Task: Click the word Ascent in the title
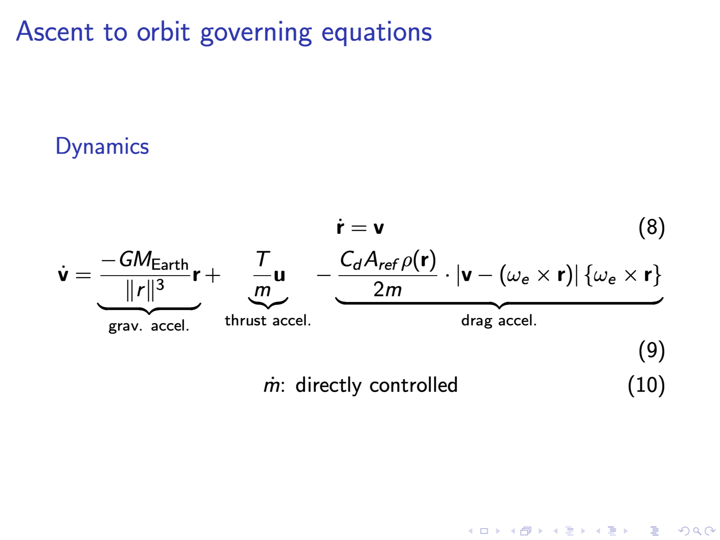[55, 32]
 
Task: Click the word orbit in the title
[163, 32]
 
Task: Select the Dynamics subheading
[102, 146]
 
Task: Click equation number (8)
[652, 227]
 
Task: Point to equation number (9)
[652, 350]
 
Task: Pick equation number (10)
[646, 385]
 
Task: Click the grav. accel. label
[149, 326]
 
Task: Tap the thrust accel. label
[268, 320]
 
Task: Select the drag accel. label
[499, 321]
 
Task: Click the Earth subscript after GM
[170, 265]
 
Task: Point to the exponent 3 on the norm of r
[160, 285]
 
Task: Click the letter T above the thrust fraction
[263, 259]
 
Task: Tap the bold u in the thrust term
[279, 276]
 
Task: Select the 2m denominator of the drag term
[388, 289]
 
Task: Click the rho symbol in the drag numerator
[407, 262]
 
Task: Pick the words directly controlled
[376, 385]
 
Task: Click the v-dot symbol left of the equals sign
[63, 274]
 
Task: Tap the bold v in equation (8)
[378, 228]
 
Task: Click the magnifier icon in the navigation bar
[697, 531]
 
